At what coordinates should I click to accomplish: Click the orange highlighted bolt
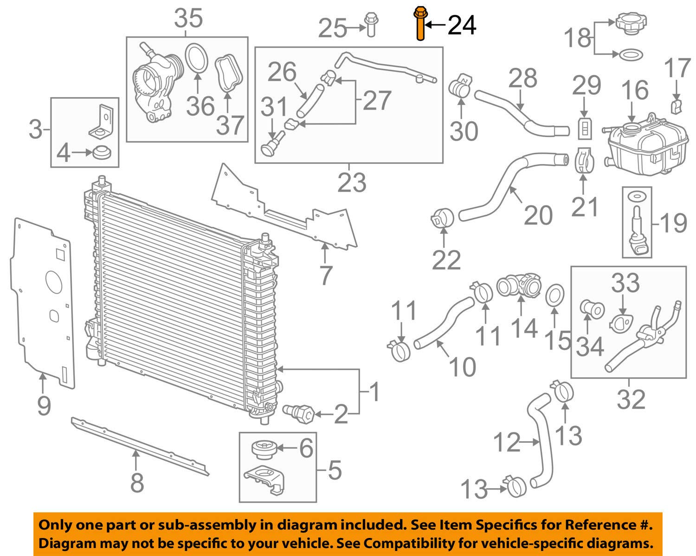tap(420, 24)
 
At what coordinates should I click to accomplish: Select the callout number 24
tap(462, 25)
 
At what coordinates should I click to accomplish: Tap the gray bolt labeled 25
tap(371, 25)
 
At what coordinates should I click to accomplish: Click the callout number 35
tap(188, 18)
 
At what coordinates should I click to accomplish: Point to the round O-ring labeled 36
tap(197, 59)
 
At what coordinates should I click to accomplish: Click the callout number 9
tap(44, 406)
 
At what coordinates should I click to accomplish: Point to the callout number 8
tap(137, 483)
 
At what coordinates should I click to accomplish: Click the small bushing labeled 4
tap(102, 153)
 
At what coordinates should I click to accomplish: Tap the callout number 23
tap(352, 183)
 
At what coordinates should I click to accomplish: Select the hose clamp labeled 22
tap(443, 218)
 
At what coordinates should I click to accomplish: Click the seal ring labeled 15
tap(555, 295)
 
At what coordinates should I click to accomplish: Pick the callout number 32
tap(631, 399)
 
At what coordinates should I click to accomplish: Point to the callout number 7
tap(325, 275)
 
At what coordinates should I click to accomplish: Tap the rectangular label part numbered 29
tap(585, 129)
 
